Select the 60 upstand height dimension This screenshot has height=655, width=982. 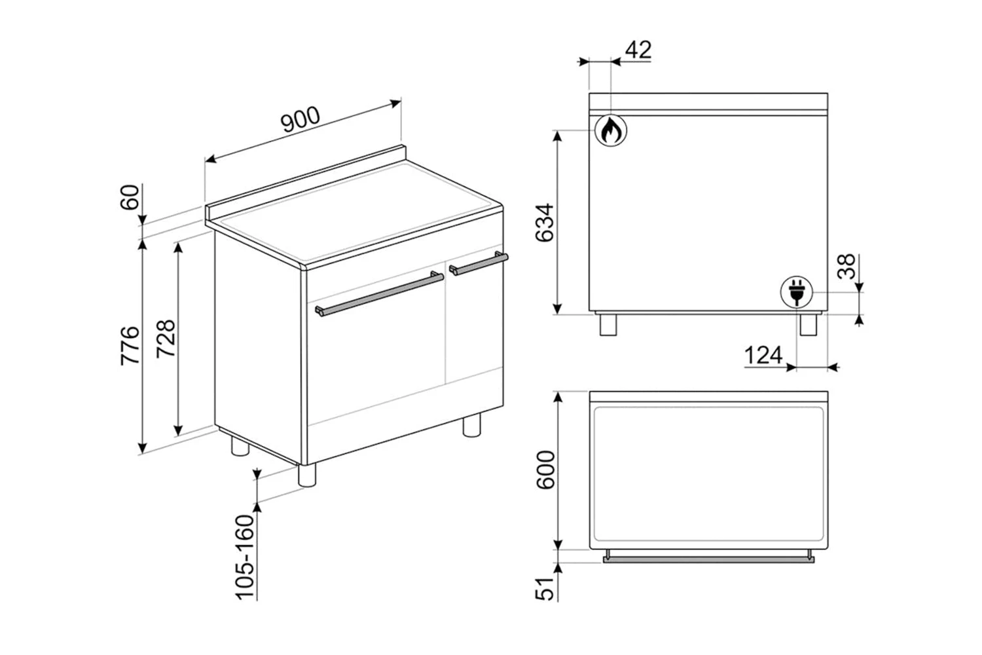pyautogui.click(x=131, y=196)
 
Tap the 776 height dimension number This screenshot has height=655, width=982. pyautogui.click(x=131, y=345)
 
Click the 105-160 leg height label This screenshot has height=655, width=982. pyautogui.click(x=245, y=557)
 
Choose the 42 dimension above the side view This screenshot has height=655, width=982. pyautogui.click(x=638, y=50)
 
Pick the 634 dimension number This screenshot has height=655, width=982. pyautogui.click(x=545, y=223)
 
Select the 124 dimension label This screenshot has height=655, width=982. pyautogui.click(x=763, y=356)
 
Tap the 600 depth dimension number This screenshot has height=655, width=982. pyautogui.click(x=545, y=470)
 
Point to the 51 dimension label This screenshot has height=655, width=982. pyautogui.click(x=545, y=582)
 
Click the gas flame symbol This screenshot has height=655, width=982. pyautogui.click(x=610, y=130)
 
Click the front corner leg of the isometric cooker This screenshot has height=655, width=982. pyautogui.click(x=307, y=475)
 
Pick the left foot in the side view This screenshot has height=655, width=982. pyautogui.click(x=609, y=325)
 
